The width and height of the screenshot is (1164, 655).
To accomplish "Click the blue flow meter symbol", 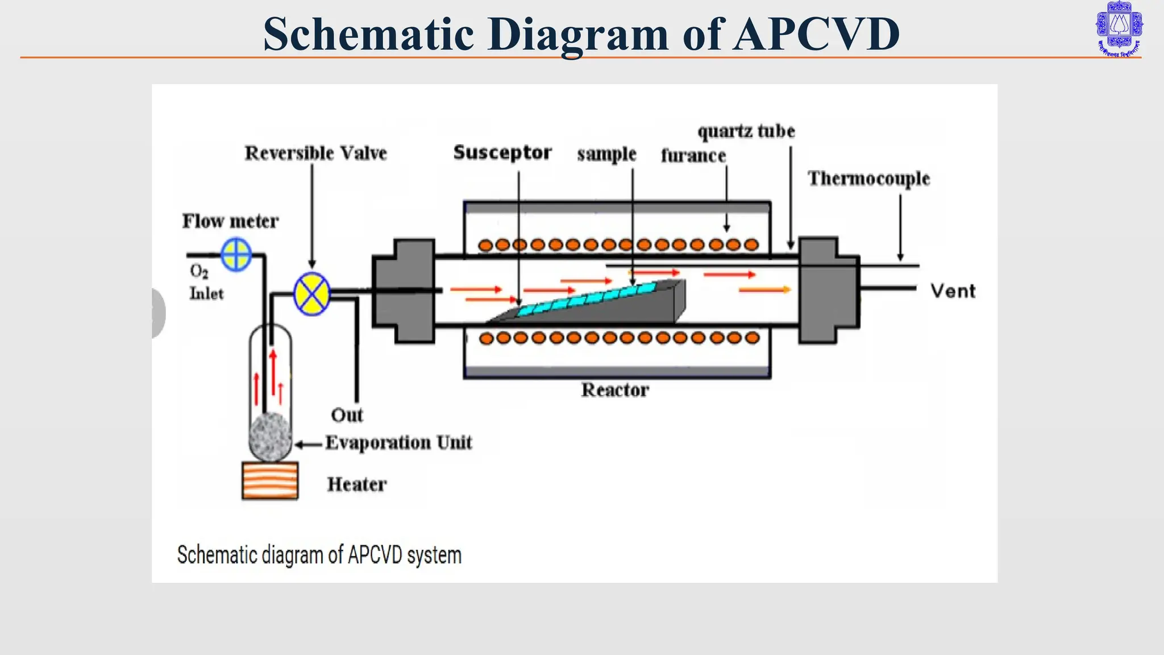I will (236, 254).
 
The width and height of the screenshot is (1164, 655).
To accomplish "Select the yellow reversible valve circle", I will (312, 293).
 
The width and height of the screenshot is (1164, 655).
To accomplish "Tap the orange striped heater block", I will (270, 480).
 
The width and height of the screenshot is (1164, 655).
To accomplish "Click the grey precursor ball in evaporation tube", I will (270, 437).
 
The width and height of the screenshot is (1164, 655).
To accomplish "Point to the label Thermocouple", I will (868, 179).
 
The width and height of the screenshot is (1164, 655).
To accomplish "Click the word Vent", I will (953, 291).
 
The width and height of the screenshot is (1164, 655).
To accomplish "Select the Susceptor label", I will (502, 152).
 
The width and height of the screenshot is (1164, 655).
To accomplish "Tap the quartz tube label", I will (746, 131).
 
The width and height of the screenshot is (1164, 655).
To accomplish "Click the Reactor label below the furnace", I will (615, 390).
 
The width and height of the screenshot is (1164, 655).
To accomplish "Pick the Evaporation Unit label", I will (398, 442).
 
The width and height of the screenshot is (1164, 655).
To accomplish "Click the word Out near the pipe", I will (347, 415).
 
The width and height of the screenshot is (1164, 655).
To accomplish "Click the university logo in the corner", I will (1119, 28).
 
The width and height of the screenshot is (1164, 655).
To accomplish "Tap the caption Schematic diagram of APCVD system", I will (319, 555).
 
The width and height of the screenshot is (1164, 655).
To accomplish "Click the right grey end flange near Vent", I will (827, 291).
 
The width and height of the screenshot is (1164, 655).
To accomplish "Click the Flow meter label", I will (230, 221).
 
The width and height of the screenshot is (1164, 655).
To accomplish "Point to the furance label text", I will (693, 155).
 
